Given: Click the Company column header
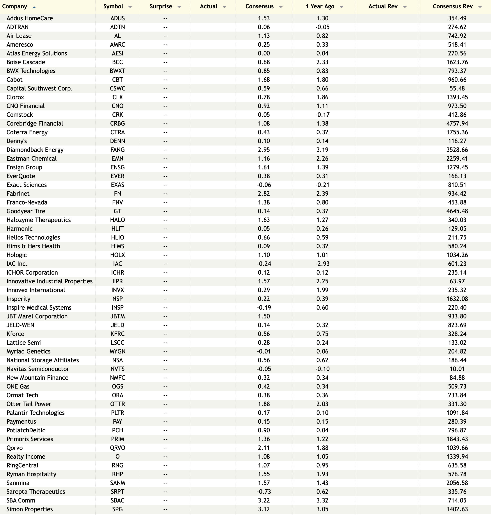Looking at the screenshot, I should [x=15, y=7].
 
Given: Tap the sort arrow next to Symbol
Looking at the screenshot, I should [x=130, y=7].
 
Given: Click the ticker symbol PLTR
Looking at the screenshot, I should [x=117, y=413].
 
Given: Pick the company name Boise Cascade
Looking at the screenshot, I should [x=26, y=62].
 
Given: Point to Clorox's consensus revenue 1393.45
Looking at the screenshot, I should [x=457, y=97].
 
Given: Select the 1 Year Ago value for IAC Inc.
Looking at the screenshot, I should [x=322, y=264].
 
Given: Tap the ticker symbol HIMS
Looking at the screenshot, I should [x=117, y=246].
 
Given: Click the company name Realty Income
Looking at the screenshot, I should [x=26, y=457].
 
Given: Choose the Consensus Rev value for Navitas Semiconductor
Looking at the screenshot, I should [x=457, y=369].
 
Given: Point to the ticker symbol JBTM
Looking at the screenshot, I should [x=117, y=316].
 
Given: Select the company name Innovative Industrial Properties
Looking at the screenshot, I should [x=50, y=281].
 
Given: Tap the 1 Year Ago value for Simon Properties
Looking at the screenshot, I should [x=322, y=509].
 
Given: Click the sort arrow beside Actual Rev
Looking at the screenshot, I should [x=405, y=7].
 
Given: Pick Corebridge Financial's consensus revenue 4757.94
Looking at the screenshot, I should [x=457, y=124].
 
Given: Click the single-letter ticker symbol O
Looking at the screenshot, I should [x=117, y=457].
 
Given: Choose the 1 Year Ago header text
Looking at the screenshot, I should [x=320, y=7].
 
